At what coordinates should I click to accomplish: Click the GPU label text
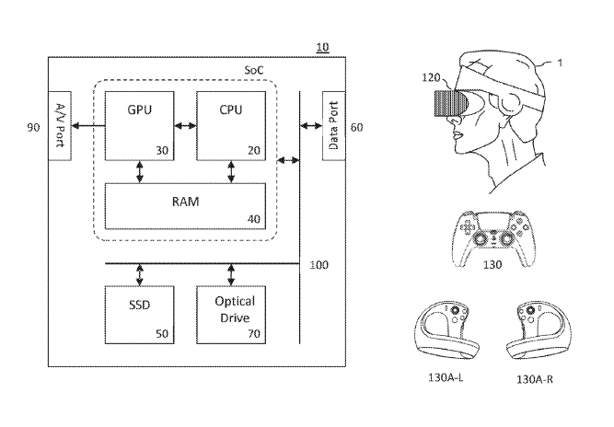click(139, 110)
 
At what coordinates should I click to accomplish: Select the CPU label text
click(231, 110)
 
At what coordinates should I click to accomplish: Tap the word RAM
click(186, 202)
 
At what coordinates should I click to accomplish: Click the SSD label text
click(139, 305)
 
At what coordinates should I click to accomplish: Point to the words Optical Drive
click(235, 309)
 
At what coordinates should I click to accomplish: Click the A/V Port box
click(60, 126)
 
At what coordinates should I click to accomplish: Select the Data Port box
click(333, 126)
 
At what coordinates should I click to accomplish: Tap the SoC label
click(254, 70)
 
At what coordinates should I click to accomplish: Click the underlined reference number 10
click(322, 48)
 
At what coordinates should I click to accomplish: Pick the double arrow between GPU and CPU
click(185, 126)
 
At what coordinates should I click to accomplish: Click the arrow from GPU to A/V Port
click(88, 126)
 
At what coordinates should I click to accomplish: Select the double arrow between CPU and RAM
click(231, 171)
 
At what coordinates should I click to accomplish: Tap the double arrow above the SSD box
click(140, 275)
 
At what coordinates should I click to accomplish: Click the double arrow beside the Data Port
click(311, 126)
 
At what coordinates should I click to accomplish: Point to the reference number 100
click(319, 265)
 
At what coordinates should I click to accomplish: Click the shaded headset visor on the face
click(450, 104)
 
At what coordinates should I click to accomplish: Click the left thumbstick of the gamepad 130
click(479, 237)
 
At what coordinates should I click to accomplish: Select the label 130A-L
click(446, 377)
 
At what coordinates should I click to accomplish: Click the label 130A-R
click(535, 379)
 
